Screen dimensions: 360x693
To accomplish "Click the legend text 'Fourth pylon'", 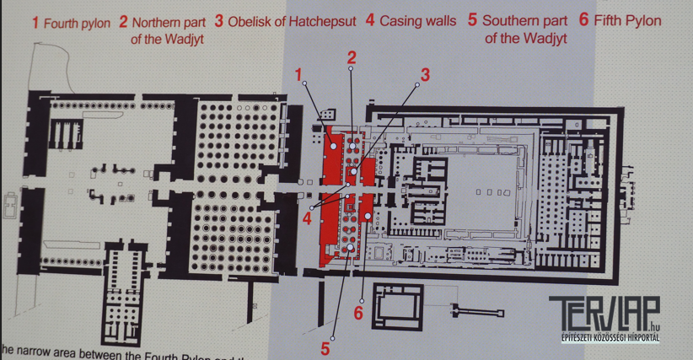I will (x=77, y=22).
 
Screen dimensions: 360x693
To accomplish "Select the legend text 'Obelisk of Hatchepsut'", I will (x=292, y=21).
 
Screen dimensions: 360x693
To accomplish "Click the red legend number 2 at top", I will (x=123, y=21).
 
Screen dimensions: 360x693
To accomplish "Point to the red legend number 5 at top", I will (x=472, y=21).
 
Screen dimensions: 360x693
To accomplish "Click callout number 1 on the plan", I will (x=299, y=75).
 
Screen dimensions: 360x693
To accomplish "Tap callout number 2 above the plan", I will (x=352, y=58).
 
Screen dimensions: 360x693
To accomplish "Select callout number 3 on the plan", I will (x=425, y=75).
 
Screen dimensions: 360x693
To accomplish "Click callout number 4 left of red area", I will (x=308, y=218).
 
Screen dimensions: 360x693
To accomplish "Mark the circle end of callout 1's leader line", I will (x=335, y=147).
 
